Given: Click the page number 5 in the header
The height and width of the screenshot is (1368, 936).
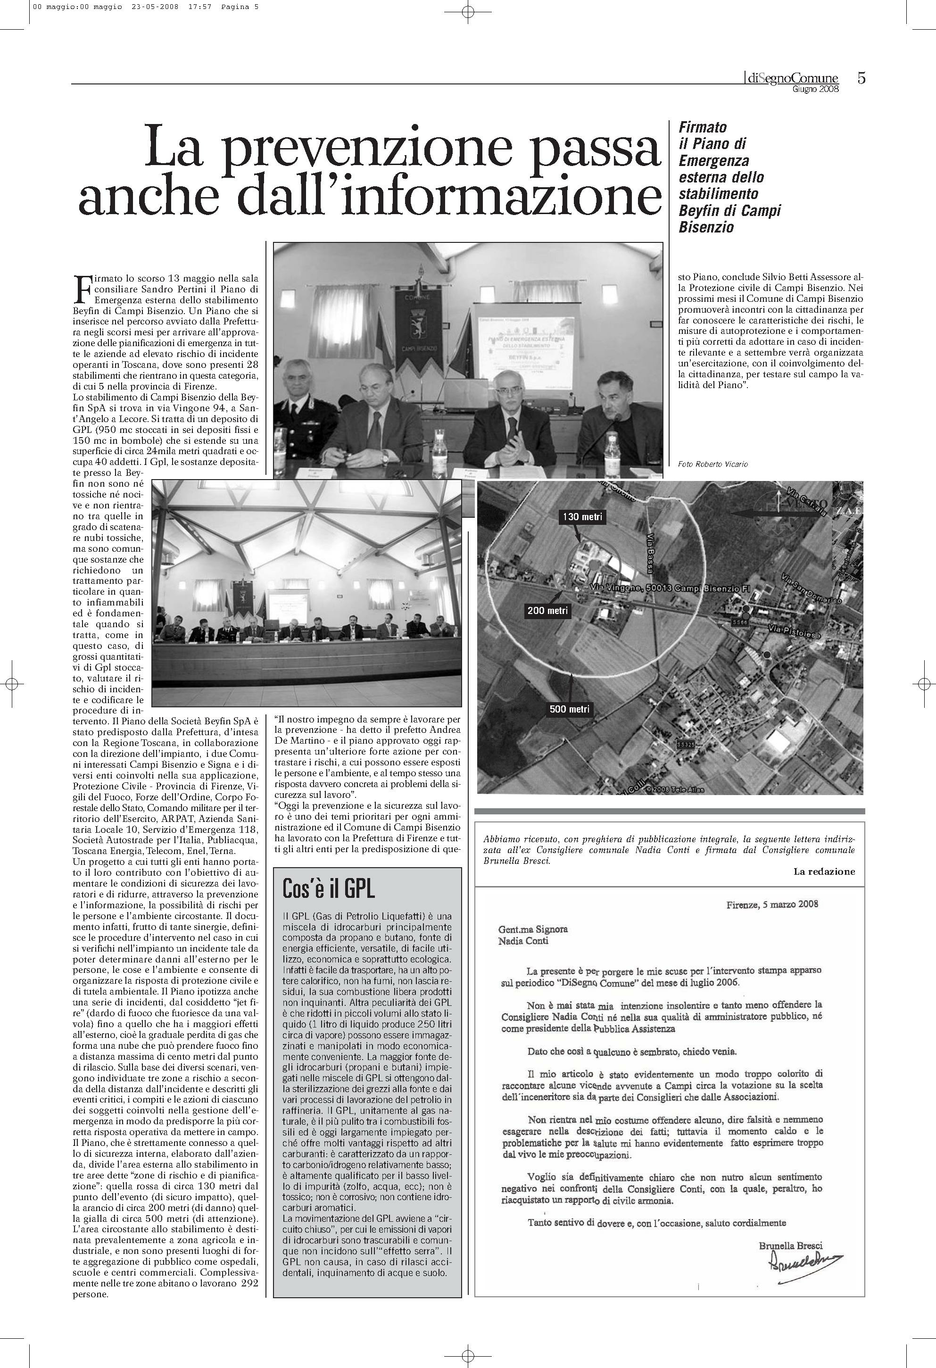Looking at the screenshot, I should (x=861, y=78).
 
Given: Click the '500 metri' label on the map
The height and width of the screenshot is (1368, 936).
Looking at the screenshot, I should (x=569, y=709).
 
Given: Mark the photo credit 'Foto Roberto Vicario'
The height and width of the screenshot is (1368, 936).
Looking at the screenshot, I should (x=712, y=464).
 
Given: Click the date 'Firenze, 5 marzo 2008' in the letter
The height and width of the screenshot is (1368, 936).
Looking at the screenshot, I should (x=772, y=904).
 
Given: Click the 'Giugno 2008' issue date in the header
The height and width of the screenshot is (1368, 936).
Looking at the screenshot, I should (x=815, y=90).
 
